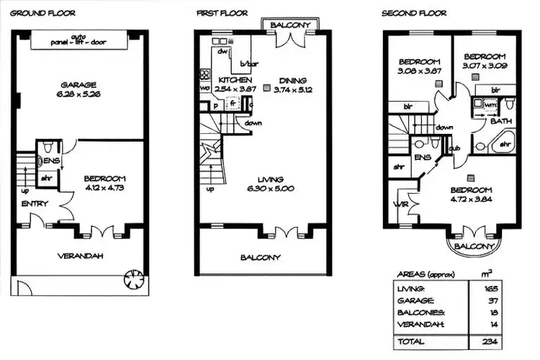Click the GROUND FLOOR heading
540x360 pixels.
[x=43, y=13]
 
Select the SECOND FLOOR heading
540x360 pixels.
[x=414, y=13]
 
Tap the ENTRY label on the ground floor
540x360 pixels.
[x=34, y=204]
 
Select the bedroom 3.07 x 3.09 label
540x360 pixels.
[x=484, y=61]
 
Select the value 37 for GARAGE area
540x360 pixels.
[x=493, y=301]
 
